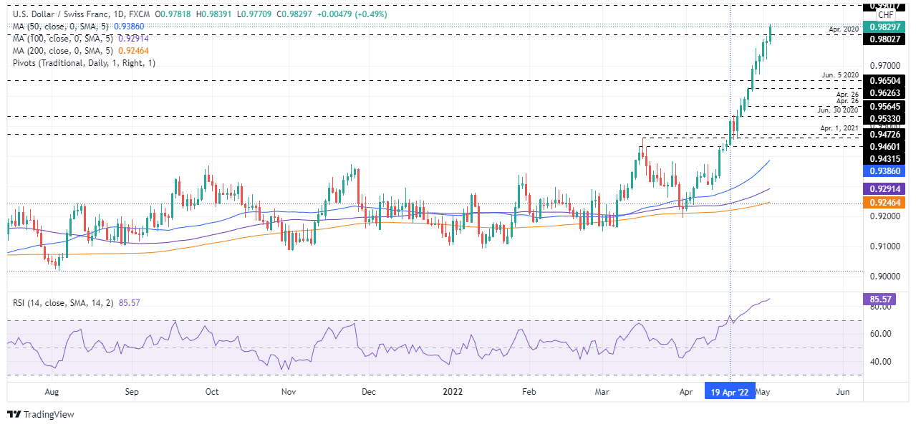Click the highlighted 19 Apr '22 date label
click(730, 392)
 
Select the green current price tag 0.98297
click(885, 27)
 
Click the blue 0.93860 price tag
click(885, 171)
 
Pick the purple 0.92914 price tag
click(885, 189)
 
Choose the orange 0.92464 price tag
click(885, 203)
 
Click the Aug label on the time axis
click(52, 393)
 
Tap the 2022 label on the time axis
click(452, 393)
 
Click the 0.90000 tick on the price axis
click(884, 277)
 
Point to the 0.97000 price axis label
click(884, 65)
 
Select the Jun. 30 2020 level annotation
click(838, 110)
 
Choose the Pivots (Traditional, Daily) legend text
click(84, 63)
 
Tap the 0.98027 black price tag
click(885, 39)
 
